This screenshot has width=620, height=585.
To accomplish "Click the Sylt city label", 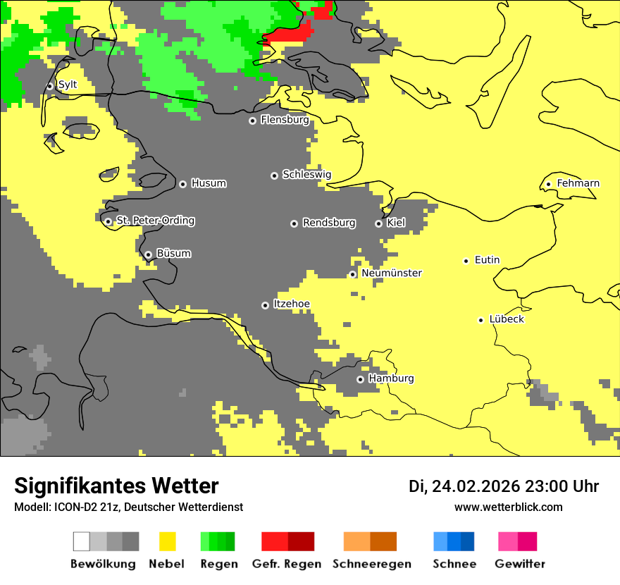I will tap(68, 85).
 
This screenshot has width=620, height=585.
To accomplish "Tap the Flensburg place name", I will tap(285, 120).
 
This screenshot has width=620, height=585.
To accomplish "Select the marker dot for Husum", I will tap(182, 184).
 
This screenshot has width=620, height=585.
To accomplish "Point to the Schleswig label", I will tap(306, 175).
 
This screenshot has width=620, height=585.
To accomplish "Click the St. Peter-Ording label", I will tap(155, 221).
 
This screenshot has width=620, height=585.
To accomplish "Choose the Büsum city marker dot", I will tap(148, 254).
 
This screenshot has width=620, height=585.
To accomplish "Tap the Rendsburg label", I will tap(329, 223).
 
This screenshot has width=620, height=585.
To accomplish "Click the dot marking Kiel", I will tap(378, 223).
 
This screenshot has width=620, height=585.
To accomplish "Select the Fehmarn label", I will tap(578, 183).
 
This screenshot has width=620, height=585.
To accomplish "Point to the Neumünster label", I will tap(392, 273).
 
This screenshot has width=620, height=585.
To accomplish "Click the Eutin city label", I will tap(487, 260).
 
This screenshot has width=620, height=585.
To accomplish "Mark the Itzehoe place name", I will tap(291, 304).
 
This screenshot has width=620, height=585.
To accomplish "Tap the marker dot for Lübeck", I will tap(480, 320).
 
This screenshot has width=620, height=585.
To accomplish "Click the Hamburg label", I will tap(391, 378).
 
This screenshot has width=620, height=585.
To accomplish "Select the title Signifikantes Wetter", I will tap(116, 486).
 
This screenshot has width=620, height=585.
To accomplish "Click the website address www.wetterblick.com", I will tap(508, 507).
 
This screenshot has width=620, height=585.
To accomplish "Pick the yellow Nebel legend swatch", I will tap(168, 541).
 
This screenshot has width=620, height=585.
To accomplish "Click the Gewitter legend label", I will tap(519, 564).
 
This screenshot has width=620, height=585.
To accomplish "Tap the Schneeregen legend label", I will tap(372, 564).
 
